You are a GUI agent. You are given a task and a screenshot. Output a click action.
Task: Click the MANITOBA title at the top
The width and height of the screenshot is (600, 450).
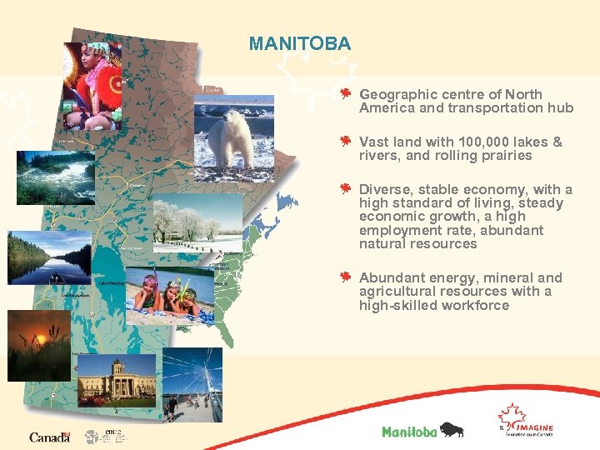click(300, 43)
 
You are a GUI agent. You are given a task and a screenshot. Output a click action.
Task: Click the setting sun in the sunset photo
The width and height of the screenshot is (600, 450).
click(37, 338)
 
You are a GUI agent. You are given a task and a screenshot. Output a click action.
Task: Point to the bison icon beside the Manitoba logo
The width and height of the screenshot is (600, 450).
click(451, 430)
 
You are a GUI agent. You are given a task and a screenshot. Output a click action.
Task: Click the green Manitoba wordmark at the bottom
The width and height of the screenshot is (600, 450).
click(408, 431)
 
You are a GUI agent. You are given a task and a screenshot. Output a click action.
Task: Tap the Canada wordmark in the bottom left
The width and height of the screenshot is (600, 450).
click(49, 437)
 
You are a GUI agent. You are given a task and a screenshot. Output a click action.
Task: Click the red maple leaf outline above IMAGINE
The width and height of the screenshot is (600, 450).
click(511, 413)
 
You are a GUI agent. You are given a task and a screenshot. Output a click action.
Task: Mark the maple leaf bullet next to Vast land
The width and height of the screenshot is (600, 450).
click(345, 141)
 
